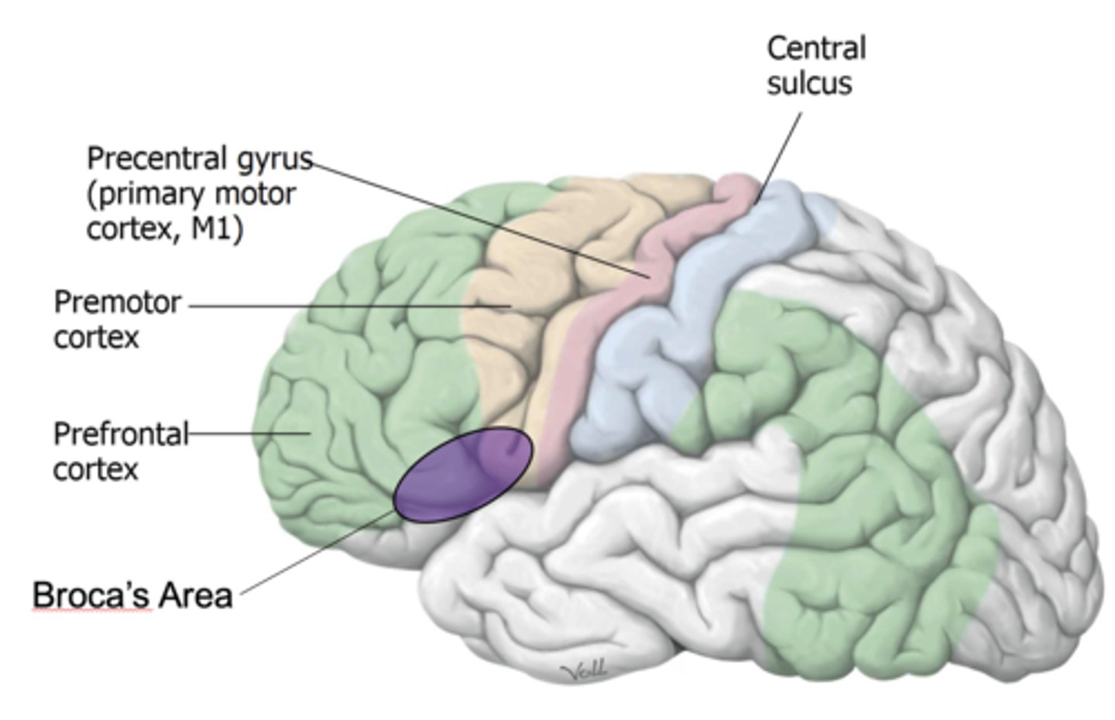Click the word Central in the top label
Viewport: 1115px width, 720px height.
coord(815,48)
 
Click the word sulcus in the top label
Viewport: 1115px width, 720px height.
coord(808,84)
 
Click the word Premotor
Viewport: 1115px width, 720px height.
coord(117,302)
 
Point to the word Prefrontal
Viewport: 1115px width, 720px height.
coord(121,434)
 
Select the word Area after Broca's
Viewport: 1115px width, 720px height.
coord(194,595)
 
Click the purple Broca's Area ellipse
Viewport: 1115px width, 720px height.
coord(463,474)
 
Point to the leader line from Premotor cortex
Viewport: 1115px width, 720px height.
coord(348,306)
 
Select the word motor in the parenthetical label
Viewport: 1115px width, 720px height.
coord(259,194)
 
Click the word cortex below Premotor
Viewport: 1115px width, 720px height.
coord(95,338)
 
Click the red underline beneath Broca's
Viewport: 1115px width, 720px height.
coord(91,611)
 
